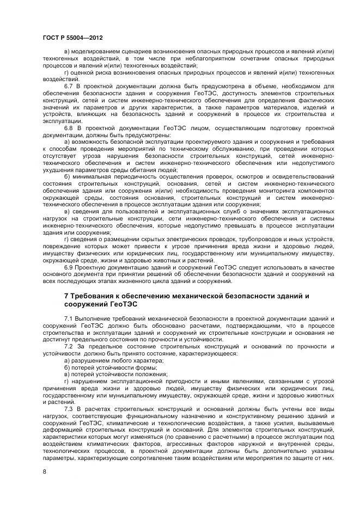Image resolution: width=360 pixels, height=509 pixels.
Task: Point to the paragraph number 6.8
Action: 69,128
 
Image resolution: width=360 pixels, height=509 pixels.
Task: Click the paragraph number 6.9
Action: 69,267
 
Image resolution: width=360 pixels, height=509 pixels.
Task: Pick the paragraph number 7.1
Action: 69,317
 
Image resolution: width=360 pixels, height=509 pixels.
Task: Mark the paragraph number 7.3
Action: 69,408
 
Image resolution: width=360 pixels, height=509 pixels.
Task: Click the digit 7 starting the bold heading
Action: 66,296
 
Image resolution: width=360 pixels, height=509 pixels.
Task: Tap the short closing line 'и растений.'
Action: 57,402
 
